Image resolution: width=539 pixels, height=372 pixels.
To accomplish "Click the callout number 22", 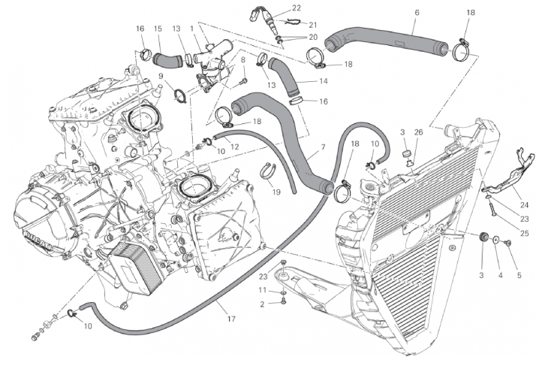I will pos(276,8).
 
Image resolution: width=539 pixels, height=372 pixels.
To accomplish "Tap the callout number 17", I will pos(231,319).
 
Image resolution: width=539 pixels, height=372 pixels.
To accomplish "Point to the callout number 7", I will pos(323,147).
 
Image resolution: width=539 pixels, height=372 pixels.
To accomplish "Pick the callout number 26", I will pos(419,133).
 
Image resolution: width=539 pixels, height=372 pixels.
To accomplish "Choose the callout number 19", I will pos(276,192).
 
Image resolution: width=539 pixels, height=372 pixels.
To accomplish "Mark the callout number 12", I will pos(234,147).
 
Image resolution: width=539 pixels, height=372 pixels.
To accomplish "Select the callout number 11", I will pos(262,290).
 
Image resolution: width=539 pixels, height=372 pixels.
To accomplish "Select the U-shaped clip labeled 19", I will pos(268,170).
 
